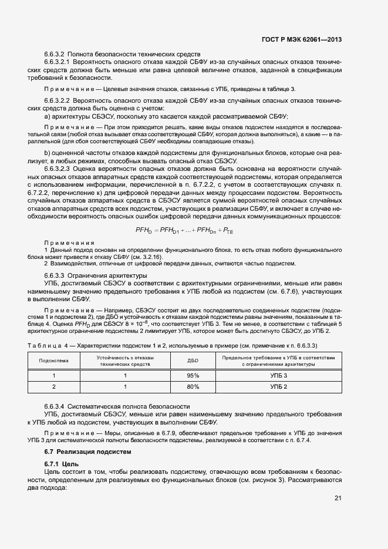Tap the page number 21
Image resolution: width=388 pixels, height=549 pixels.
[338, 499]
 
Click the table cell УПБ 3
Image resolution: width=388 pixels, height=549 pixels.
[279, 375]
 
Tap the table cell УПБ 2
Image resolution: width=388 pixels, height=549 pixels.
[279, 387]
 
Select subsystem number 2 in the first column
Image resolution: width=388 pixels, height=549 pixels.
[53, 387]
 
